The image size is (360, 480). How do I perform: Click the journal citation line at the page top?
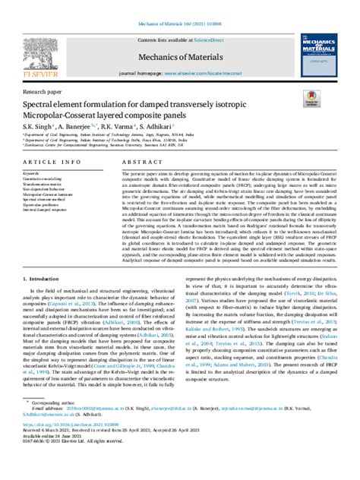coord(180,5)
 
